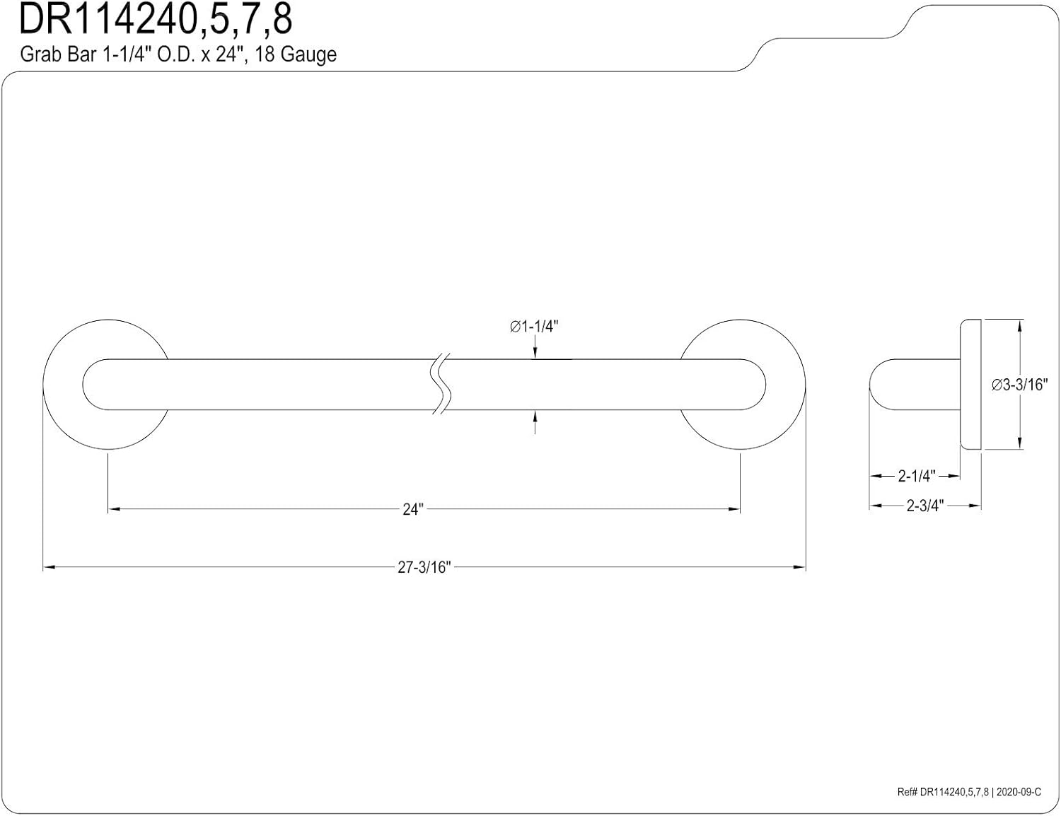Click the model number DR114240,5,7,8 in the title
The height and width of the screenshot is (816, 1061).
tap(156, 20)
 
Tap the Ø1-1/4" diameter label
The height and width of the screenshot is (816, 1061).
tap(533, 327)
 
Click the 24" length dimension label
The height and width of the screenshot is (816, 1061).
tap(413, 510)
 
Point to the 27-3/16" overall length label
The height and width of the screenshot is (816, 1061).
tap(424, 567)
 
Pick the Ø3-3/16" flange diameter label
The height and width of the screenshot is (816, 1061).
tap(1019, 385)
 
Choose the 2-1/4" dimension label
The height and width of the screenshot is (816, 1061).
tap(917, 476)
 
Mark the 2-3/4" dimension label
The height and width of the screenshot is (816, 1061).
tap(925, 506)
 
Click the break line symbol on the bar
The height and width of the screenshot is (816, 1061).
tap(441, 384)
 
